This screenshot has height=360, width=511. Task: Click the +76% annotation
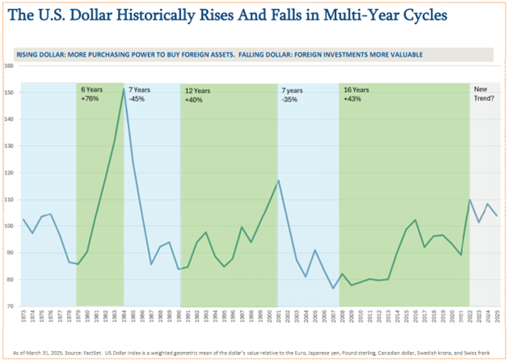(x=90, y=98)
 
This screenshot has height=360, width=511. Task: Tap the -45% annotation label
(x=137, y=98)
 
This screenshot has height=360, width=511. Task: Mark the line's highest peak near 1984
(x=124, y=89)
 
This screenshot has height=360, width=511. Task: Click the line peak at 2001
(x=279, y=181)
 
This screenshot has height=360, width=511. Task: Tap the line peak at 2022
(x=470, y=200)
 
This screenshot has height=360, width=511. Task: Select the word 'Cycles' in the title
(x=418, y=16)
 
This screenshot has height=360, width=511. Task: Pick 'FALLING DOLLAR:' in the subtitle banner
(x=278, y=54)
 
